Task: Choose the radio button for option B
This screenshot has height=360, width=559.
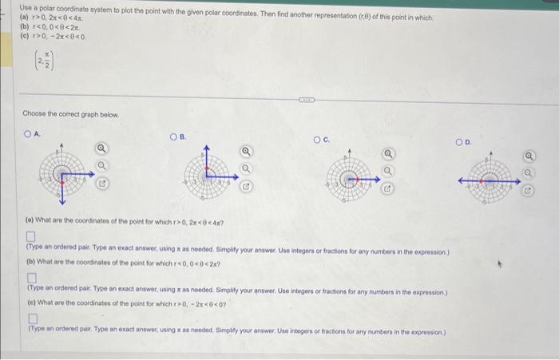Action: click(172, 137)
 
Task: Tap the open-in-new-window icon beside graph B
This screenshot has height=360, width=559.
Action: click(247, 187)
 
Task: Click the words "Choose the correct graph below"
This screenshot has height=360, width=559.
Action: click(70, 115)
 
